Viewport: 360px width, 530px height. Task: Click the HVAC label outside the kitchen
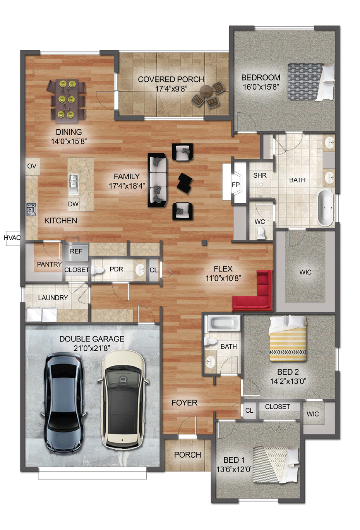[12, 238]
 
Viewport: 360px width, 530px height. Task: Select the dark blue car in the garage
[63, 403]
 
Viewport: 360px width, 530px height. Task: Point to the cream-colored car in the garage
[123, 399]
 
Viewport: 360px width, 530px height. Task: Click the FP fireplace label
[235, 185]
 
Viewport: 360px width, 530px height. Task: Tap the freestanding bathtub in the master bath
[325, 208]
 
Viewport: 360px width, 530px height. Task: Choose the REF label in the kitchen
[76, 251]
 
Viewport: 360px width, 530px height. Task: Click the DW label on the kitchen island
[73, 204]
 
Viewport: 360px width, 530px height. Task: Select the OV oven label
[32, 166]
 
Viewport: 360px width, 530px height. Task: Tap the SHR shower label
[260, 175]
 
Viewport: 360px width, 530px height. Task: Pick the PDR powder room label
[116, 269]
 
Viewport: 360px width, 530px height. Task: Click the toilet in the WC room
[261, 232]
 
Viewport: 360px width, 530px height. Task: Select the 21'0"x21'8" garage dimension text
[92, 348]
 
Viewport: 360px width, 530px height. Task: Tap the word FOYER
[184, 403]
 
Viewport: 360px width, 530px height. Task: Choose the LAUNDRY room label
[53, 298]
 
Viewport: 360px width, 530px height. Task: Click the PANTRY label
[49, 264]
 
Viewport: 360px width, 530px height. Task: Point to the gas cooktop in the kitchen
[31, 209]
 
